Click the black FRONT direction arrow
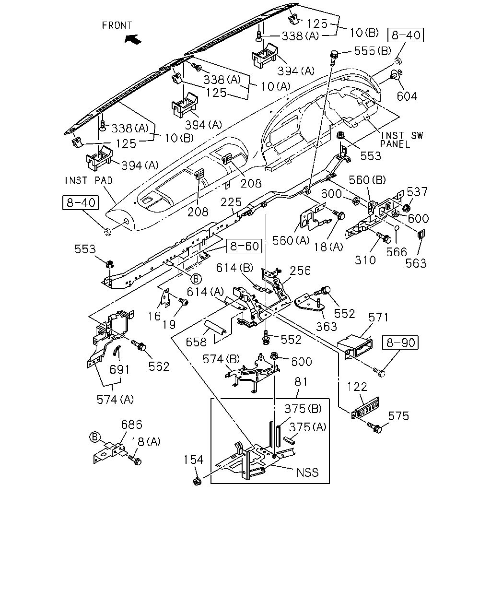pyautogui.click(x=133, y=39)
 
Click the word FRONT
pyautogui.click(x=117, y=25)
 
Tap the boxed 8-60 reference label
pyautogui.click(x=244, y=246)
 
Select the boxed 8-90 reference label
pyautogui.click(x=400, y=342)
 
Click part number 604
pyautogui.click(x=407, y=96)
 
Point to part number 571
pyautogui.click(x=378, y=317)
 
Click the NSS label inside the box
pyautogui.click(x=307, y=473)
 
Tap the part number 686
pyautogui.click(x=131, y=425)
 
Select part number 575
pyautogui.click(x=398, y=416)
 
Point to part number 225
pyautogui.click(x=231, y=202)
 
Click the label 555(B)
pyautogui.click(x=373, y=51)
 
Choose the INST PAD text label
pyautogui.click(x=89, y=180)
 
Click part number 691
pyautogui.click(x=119, y=369)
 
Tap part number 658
pyautogui.click(x=196, y=342)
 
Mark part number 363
pyautogui.click(x=327, y=326)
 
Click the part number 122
pyautogui.click(x=357, y=387)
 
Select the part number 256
pyautogui.click(x=300, y=271)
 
